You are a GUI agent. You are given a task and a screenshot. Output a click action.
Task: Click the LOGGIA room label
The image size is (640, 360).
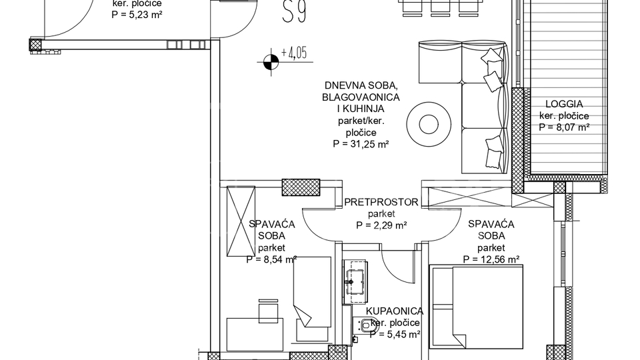[x=564, y=104]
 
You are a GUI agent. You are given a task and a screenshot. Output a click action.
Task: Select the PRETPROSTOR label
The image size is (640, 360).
[x=381, y=202]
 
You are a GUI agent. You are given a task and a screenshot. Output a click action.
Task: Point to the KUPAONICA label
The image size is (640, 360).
[x=394, y=311]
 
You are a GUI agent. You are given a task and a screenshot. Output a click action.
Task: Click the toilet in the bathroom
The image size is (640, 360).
[x=366, y=326]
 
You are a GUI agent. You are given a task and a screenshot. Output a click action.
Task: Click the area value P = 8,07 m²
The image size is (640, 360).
[x=564, y=126]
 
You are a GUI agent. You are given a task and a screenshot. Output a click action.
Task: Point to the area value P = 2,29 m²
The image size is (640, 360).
[x=381, y=225]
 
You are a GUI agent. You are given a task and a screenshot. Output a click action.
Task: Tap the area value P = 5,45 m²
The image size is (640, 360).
[x=394, y=334]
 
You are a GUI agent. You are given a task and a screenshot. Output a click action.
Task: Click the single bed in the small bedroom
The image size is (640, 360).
[x=311, y=292]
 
